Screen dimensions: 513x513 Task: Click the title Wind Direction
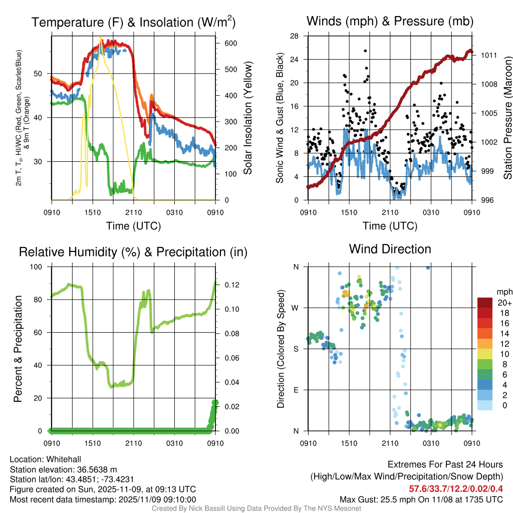click(390, 249)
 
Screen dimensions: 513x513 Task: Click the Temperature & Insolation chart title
click(133, 22)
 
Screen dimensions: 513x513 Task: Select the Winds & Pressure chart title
click(390, 21)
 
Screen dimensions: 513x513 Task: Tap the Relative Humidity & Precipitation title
click(133, 252)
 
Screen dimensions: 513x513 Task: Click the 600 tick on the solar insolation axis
click(230, 44)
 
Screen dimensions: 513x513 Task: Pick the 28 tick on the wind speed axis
click(294, 36)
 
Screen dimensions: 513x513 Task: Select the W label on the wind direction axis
click(296, 308)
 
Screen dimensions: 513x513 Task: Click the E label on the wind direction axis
click(296, 390)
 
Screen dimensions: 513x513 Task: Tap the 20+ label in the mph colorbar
click(503, 303)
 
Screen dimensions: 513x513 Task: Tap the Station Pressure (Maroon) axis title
click(507, 118)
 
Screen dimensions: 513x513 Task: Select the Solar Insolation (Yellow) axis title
click(247, 118)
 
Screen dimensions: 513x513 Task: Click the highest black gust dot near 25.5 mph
click(365, 51)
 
